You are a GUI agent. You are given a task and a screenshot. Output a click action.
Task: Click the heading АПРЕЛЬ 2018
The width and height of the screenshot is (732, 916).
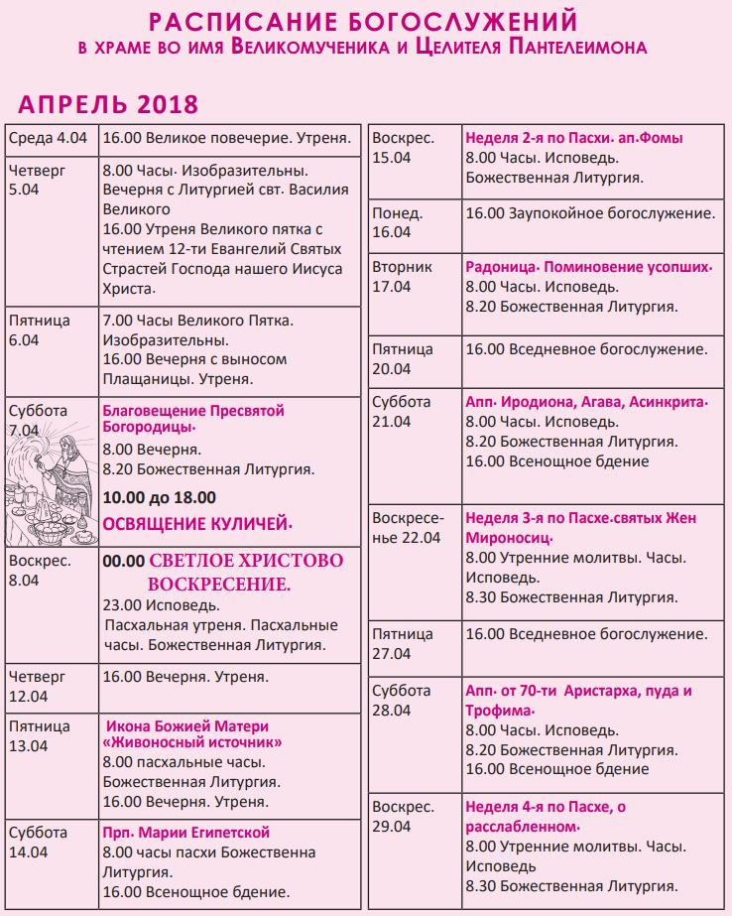[108, 104]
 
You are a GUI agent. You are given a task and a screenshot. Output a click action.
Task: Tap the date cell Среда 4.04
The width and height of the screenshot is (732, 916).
[51, 139]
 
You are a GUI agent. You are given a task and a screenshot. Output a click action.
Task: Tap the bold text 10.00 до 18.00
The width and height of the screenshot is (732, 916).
[159, 497]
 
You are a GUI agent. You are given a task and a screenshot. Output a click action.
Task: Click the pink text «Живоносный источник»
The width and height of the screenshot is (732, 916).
[192, 743]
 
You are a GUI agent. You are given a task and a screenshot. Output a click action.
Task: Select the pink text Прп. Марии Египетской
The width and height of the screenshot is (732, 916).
[185, 833]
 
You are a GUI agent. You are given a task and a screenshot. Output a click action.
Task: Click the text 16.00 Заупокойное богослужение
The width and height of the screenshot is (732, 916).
[590, 213]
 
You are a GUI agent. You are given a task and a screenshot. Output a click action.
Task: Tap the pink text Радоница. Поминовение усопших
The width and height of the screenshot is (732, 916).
[589, 267]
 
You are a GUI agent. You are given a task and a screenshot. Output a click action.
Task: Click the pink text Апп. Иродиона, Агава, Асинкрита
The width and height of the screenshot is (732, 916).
[586, 403]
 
